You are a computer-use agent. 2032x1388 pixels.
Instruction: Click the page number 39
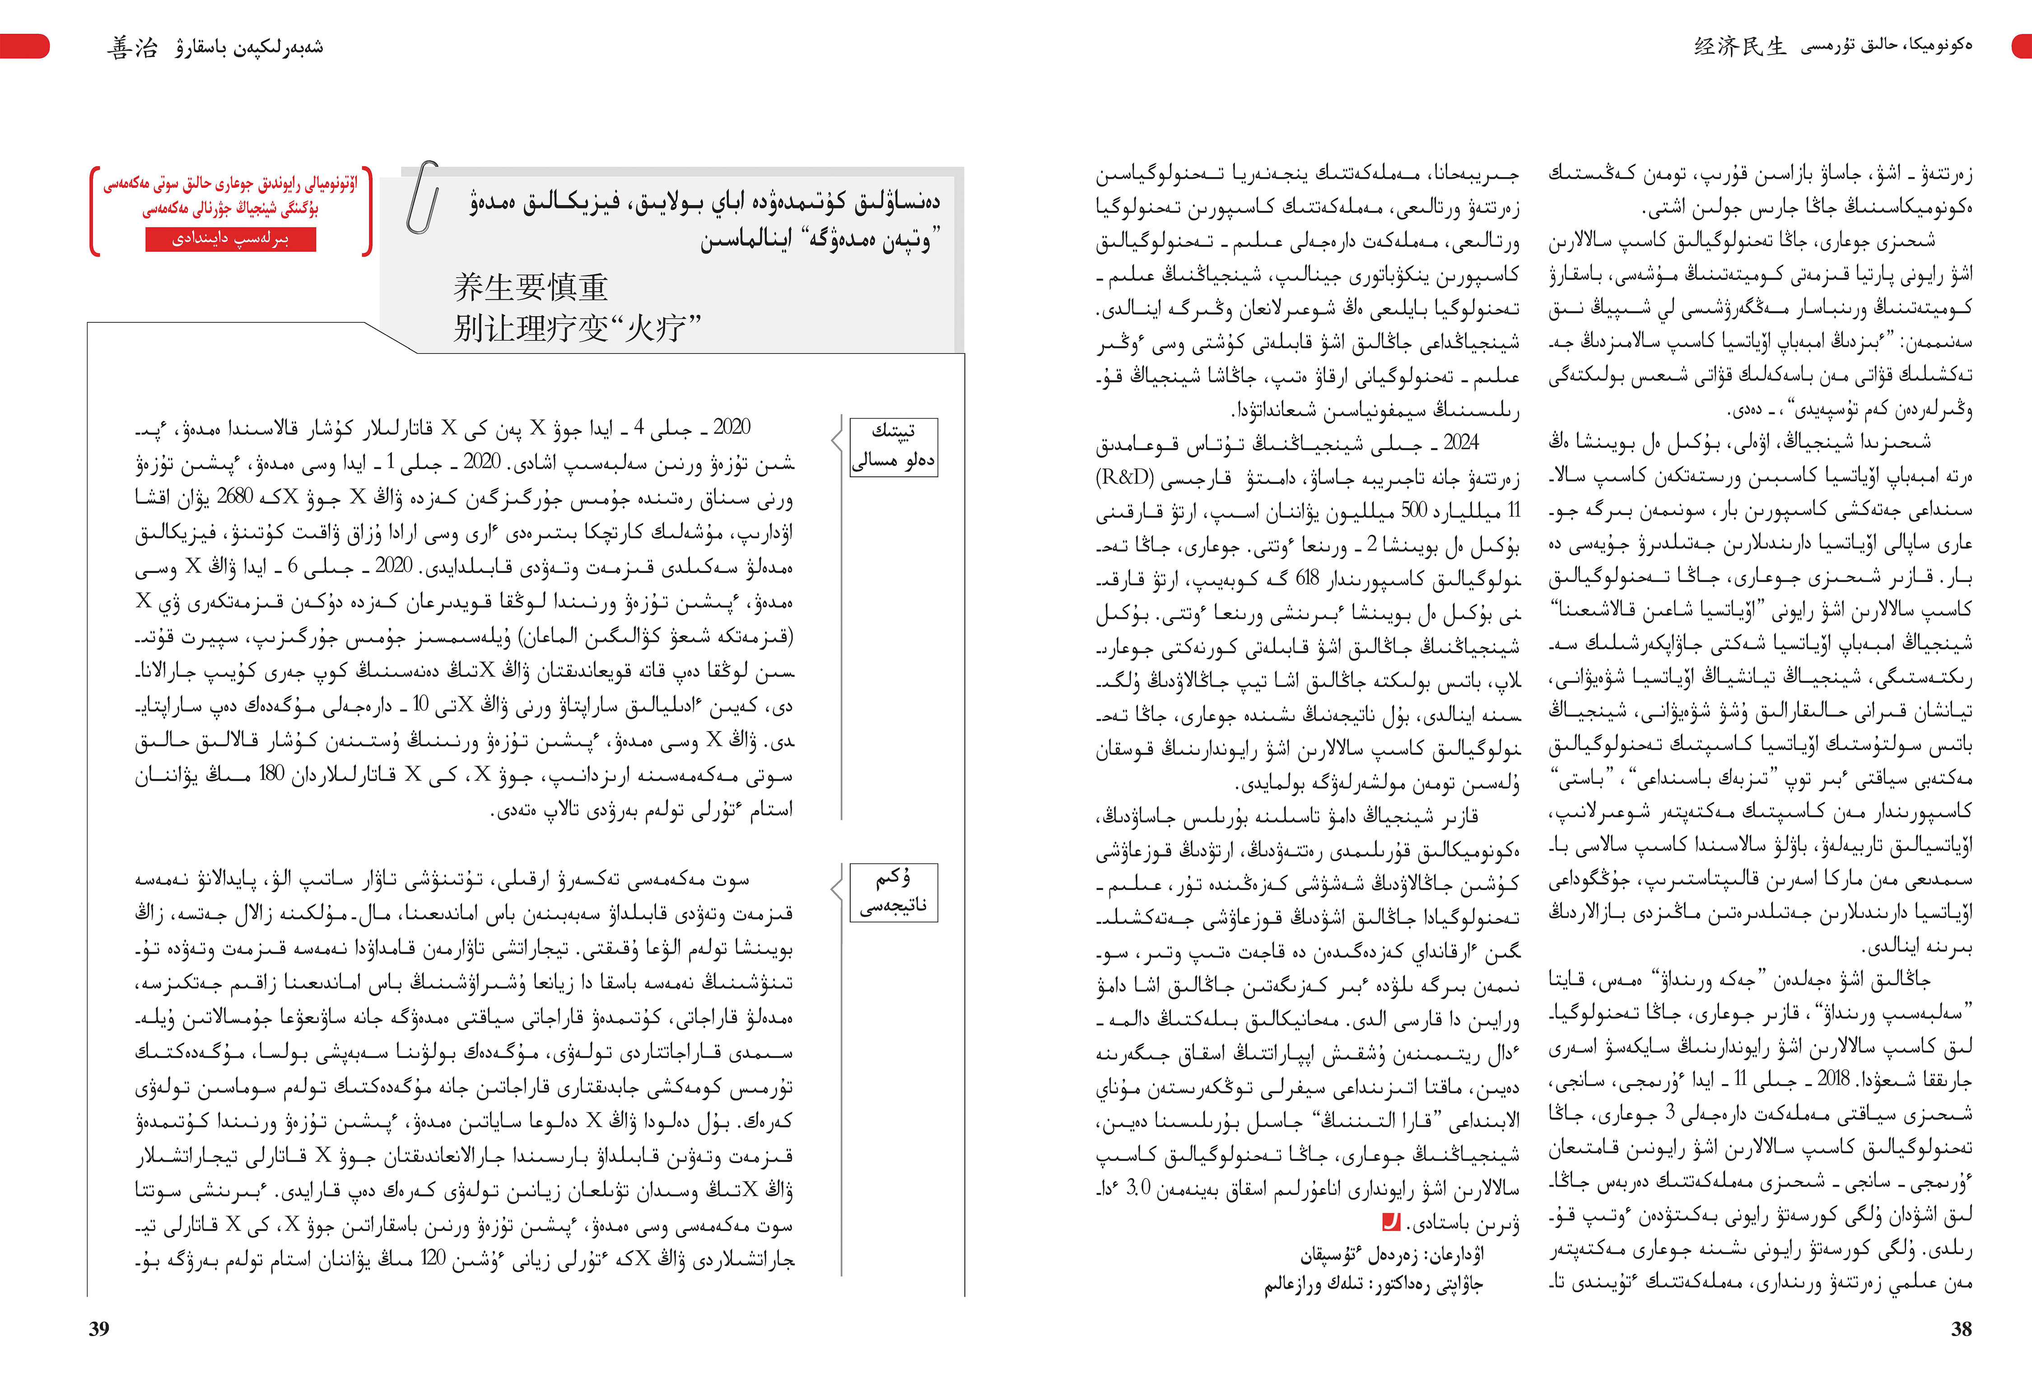coord(99,1328)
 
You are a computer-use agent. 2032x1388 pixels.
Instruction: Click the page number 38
coord(1961,1328)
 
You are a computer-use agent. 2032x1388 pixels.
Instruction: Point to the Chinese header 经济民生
coord(1740,47)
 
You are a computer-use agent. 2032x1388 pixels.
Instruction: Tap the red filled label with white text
coord(231,238)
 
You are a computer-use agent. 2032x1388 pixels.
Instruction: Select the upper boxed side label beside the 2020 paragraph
coord(893,447)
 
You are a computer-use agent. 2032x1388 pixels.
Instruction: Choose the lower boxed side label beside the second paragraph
coord(893,891)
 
